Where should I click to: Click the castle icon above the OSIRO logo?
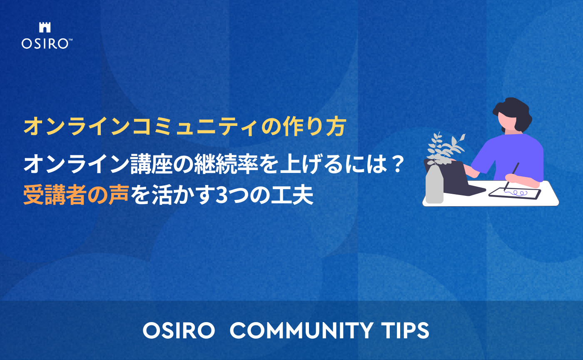point(45,27)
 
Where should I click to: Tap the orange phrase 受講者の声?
point(77,195)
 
